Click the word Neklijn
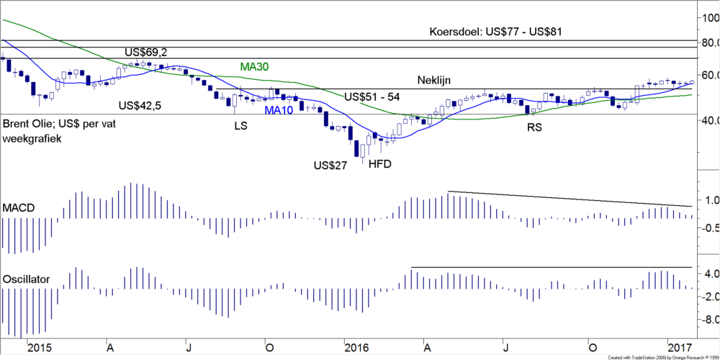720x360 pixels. [x=438, y=81]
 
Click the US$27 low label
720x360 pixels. [x=330, y=166]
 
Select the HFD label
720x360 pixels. [x=379, y=164]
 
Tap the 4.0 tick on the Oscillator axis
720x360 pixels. [x=710, y=274]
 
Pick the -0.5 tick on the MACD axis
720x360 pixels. [x=708, y=228]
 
